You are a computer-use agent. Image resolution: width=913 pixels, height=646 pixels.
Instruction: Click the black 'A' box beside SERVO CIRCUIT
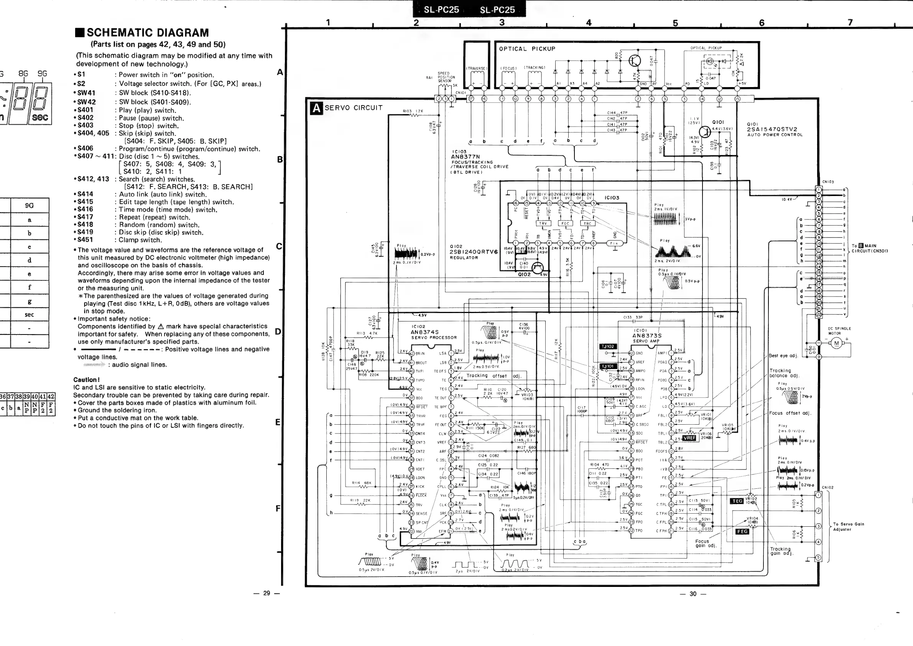coord(316,108)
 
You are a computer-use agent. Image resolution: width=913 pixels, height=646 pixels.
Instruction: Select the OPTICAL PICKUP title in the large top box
coord(527,49)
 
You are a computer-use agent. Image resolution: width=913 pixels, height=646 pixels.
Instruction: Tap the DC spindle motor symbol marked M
coord(836,343)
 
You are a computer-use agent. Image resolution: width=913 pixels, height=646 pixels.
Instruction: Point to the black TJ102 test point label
coord(608,346)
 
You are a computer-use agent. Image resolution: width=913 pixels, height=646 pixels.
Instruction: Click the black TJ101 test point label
coord(608,366)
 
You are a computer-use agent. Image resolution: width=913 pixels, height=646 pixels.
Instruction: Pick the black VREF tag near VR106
coord(689,438)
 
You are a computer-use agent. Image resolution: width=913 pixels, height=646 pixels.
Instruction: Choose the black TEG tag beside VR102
coord(737,501)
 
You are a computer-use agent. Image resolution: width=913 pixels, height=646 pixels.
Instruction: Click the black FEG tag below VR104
coord(742,531)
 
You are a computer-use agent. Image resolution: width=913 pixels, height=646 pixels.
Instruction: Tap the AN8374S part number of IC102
coord(425,332)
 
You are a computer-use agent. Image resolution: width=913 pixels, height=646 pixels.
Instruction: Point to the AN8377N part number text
coord(465,157)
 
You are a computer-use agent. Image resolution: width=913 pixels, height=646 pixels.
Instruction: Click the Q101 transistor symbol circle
coord(705,131)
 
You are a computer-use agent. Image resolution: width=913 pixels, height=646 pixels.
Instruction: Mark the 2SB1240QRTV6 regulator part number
coord(473,252)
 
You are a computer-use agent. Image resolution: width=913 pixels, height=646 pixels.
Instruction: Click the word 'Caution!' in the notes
coord(86,379)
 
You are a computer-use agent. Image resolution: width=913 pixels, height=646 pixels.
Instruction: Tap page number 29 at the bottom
coord(266,593)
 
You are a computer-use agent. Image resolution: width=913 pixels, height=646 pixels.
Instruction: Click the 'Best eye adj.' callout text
coord(783,356)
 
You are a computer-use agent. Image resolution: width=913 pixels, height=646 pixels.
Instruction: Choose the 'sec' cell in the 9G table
coord(30,315)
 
